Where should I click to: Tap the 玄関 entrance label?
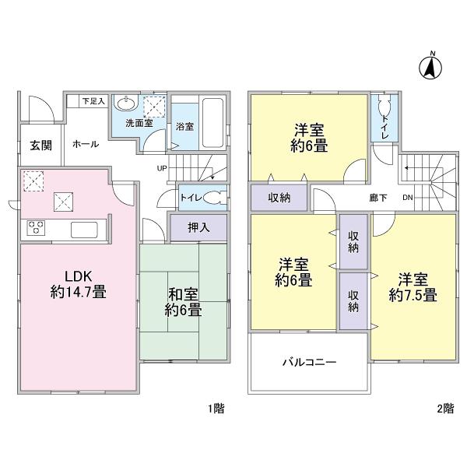coord(41,145)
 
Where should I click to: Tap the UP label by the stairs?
coord(162,167)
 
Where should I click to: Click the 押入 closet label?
coord(198,227)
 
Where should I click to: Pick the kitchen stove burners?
coord(37,228)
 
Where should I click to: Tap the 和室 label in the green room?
coord(184,295)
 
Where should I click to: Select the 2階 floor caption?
coord(445,408)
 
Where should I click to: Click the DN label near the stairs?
coord(407,198)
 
